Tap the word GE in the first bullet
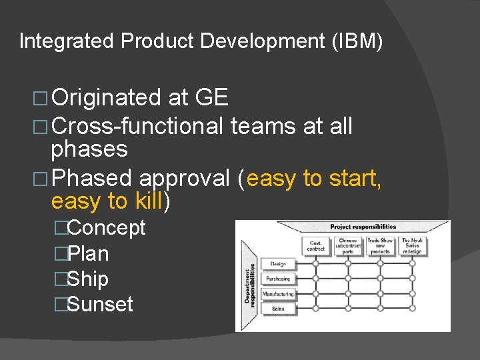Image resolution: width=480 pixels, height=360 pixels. (x=211, y=98)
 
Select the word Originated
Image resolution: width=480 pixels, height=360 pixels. (x=107, y=98)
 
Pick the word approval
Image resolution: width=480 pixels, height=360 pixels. (x=185, y=178)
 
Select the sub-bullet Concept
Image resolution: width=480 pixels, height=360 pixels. (x=107, y=228)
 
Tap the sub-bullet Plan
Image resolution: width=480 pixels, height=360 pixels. (x=89, y=254)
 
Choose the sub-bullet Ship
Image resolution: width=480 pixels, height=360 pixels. (x=88, y=279)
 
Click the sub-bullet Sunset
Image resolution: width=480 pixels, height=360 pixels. (x=100, y=305)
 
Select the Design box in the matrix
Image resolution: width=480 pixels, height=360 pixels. (x=278, y=264)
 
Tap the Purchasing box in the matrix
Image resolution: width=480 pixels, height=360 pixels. (x=278, y=279)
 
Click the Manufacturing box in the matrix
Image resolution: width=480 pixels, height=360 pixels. (x=278, y=294)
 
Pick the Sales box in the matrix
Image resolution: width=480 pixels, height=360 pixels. (x=278, y=309)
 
